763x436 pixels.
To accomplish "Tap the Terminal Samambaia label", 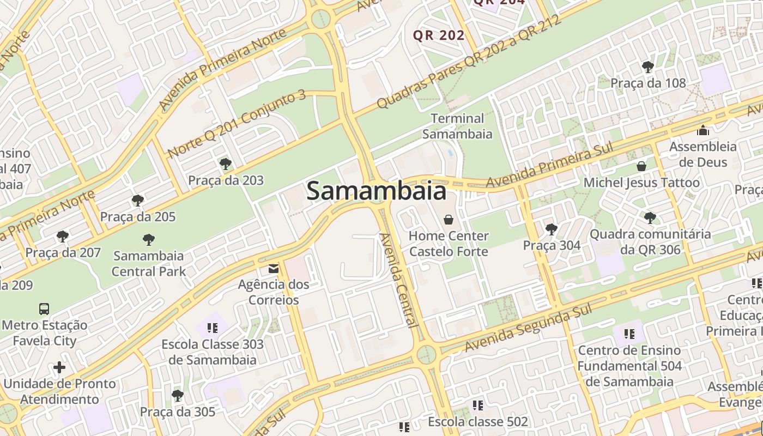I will [x=457, y=126].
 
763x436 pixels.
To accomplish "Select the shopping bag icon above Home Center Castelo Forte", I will [x=449, y=220].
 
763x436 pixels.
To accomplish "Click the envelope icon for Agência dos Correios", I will [x=273, y=268].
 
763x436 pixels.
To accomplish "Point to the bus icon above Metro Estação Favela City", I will [x=44, y=309].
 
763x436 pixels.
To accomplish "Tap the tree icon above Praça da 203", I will [x=225, y=164].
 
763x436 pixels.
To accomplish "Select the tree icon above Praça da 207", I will [x=63, y=237].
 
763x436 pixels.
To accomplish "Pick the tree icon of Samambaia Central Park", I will [x=148, y=239].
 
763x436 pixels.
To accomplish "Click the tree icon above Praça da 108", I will [x=648, y=67].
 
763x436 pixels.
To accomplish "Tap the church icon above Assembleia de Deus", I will [x=703, y=130].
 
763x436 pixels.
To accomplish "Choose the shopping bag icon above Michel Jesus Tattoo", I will [x=641, y=166].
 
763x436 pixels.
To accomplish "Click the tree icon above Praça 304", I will [x=552, y=229].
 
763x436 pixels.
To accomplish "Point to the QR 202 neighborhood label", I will [x=439, y=35].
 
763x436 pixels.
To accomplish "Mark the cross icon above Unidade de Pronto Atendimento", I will [x=59, y=367].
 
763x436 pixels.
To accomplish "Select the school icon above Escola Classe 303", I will [x=213, y=328].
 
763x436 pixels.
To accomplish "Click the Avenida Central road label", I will [x=399, y=280].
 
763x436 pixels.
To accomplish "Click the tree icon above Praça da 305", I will [x=177, y=395].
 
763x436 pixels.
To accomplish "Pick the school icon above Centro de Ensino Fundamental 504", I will [x=629, y=334].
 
